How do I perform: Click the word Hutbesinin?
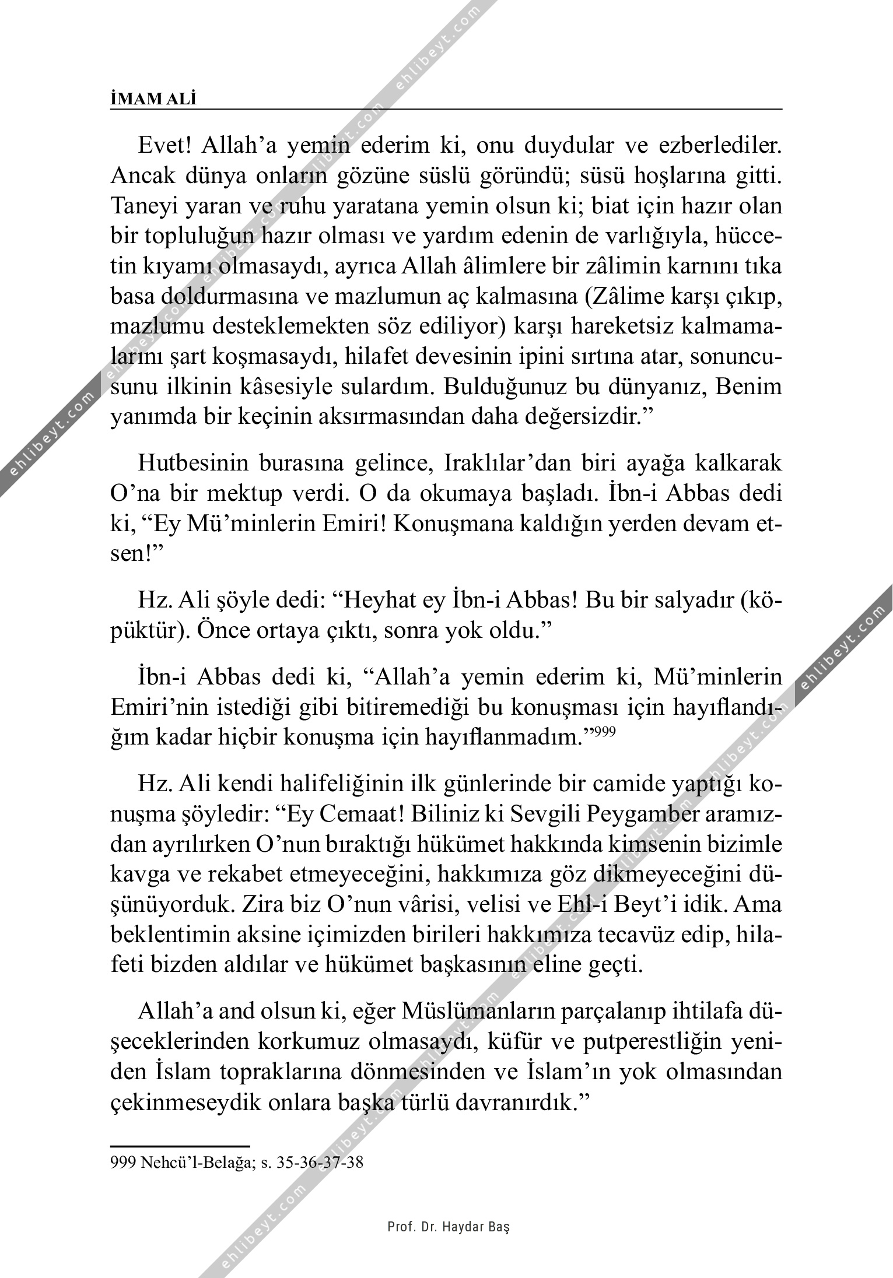(x=194, y=464)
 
